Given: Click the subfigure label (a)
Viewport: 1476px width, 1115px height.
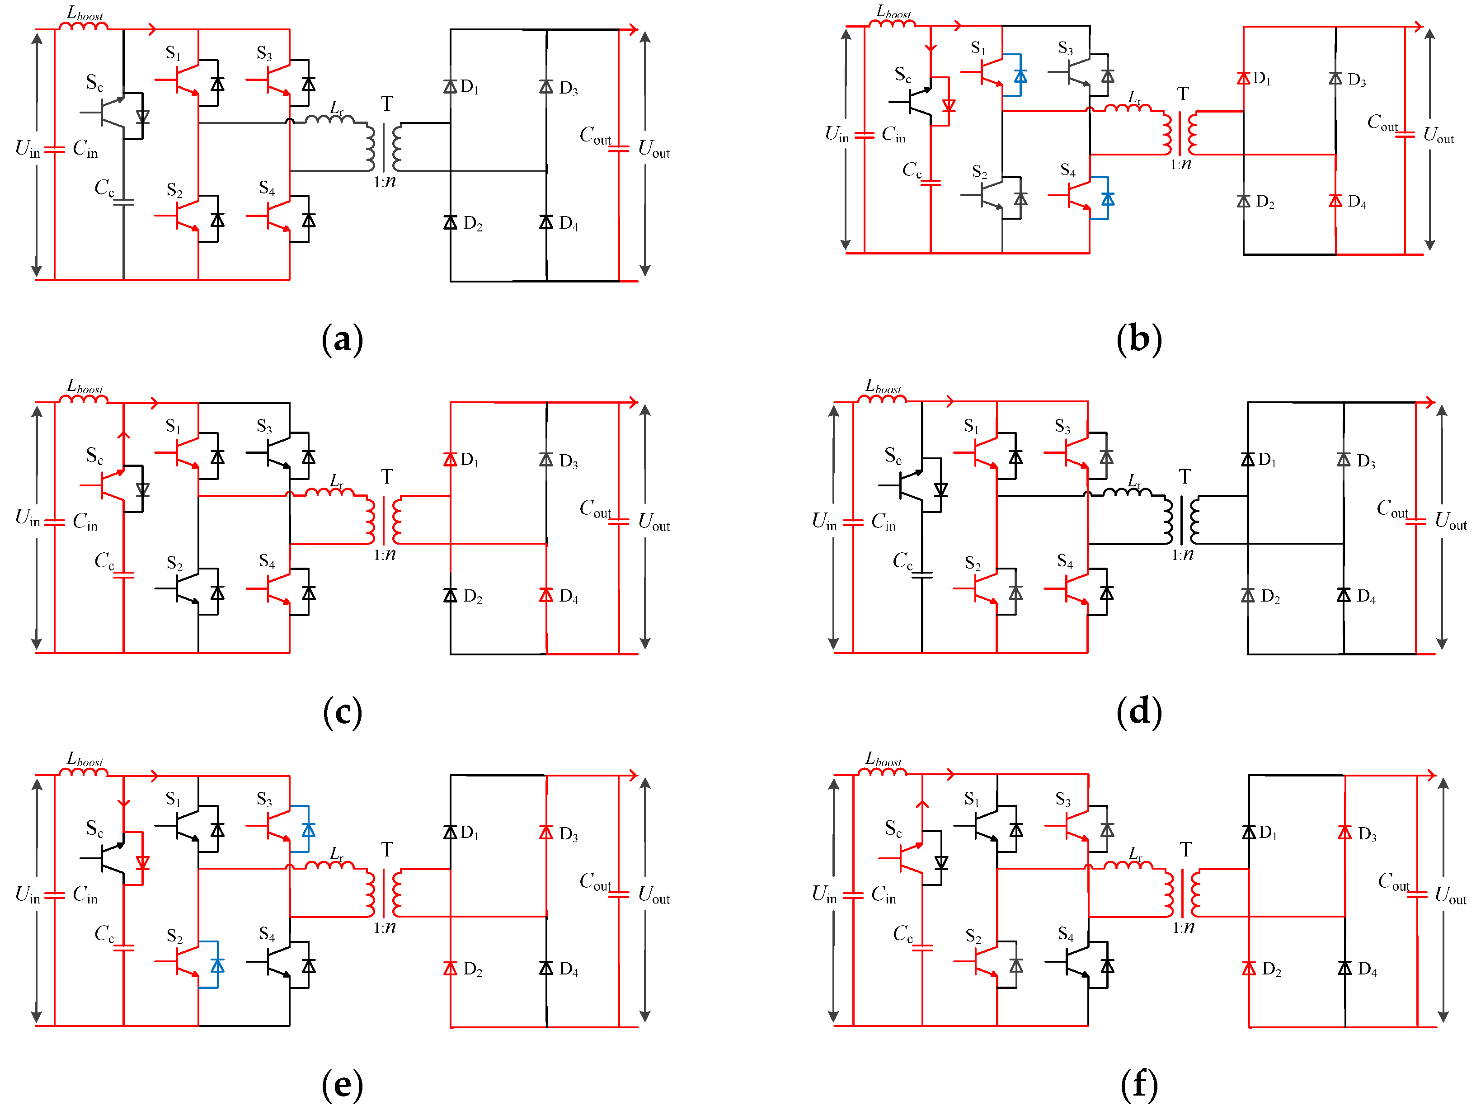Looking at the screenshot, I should [x=342, y=339].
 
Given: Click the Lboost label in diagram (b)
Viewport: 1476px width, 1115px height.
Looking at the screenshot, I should [x=893, y=12].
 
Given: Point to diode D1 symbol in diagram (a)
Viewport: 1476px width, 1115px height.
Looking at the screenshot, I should [x=451, y=86].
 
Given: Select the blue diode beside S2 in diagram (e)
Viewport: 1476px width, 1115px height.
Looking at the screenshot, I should [x=217, y=965].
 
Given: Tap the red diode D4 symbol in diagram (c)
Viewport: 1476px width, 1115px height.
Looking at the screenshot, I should [x=546, y=594].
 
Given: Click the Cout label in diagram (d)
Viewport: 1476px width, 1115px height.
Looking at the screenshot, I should [x=1392, y=509].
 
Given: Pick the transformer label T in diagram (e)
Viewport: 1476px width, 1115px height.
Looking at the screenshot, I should [x=387, y=849].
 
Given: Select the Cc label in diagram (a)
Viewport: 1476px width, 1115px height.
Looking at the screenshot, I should [x=104, y=188].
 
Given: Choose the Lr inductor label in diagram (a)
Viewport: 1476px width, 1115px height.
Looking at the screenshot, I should [x=337, y=108].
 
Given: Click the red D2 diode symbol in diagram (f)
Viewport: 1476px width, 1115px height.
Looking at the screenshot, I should [x=1249, y=968].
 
